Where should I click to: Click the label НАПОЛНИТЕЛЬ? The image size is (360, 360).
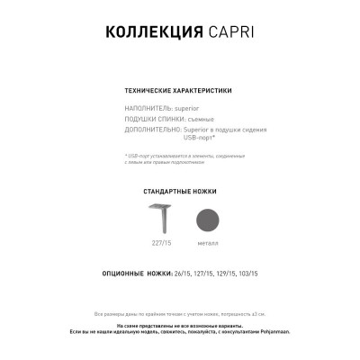coord(148,107)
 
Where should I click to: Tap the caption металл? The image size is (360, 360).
coord(206,244)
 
